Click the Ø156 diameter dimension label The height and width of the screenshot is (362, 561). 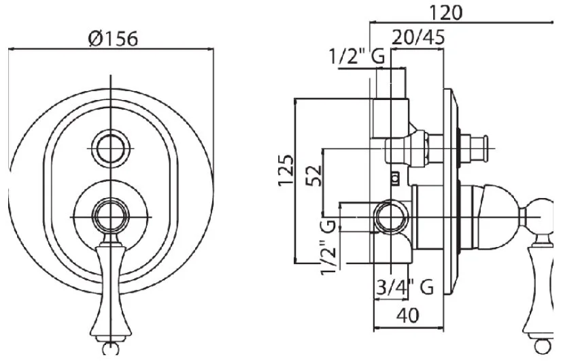[x=113, y=38]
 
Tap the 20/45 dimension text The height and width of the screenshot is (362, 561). [x=419, y=37]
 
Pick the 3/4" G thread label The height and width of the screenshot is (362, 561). [x=405, y=288]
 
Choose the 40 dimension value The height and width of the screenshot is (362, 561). [x=408, y=314]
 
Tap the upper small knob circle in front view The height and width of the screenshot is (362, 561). [x=109, y=144]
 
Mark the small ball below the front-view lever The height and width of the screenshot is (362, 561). [x=109, y=349]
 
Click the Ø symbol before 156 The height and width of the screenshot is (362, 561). [x=95, y=38]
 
